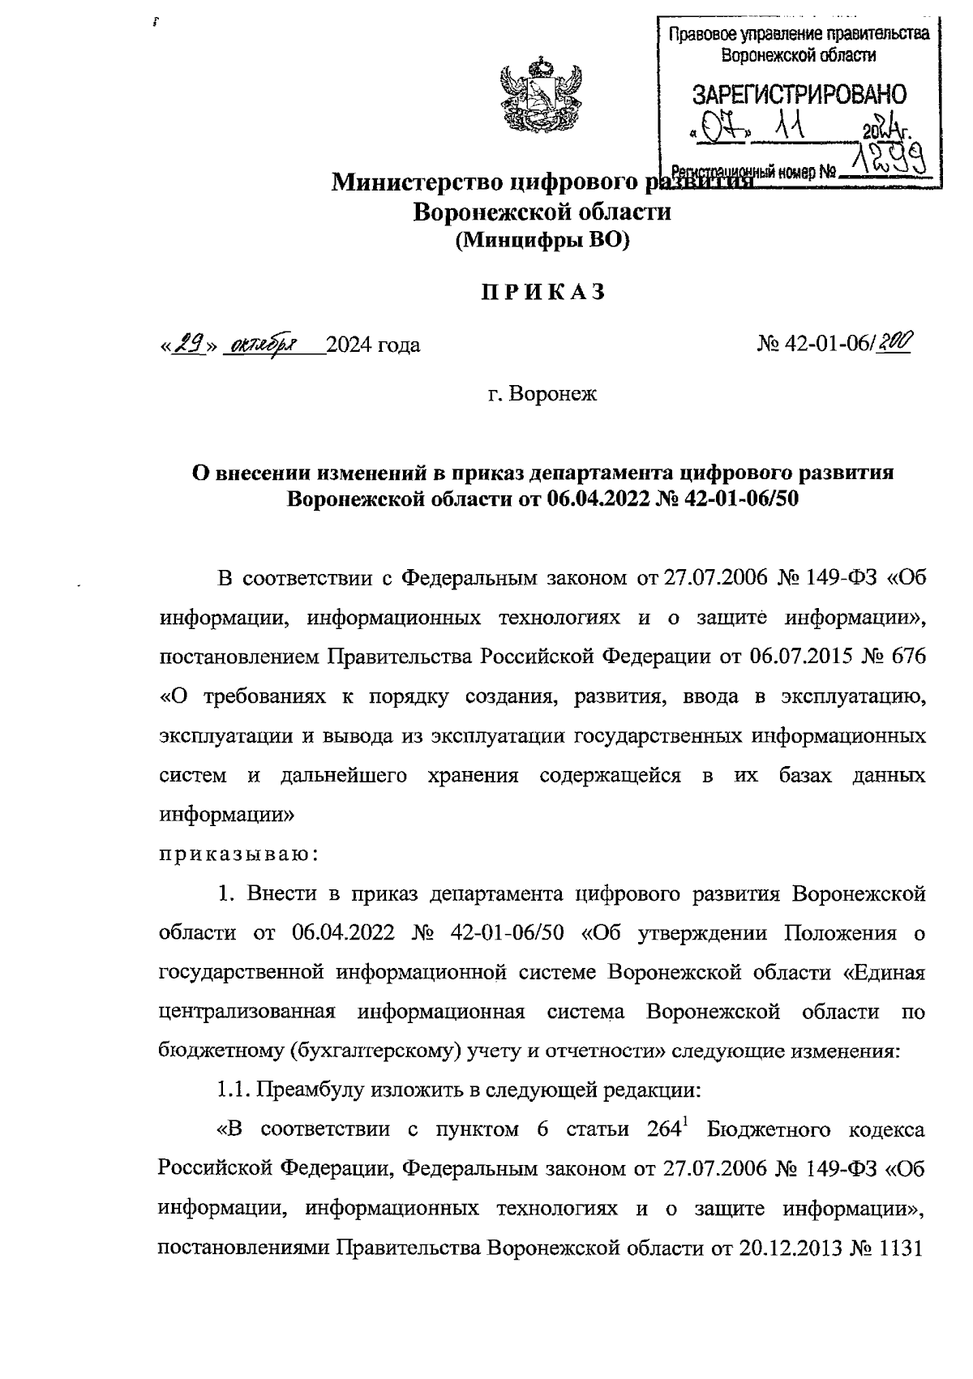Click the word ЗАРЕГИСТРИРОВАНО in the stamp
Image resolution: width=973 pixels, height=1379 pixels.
click(799, 94)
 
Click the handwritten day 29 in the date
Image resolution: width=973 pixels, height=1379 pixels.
click(191, 345)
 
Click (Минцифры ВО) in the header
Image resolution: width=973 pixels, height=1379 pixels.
click(542, 241)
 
